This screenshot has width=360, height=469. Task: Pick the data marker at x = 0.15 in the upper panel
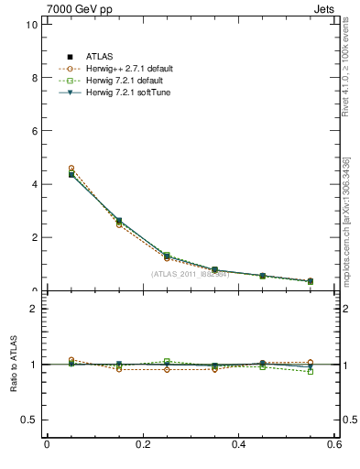[119, 221]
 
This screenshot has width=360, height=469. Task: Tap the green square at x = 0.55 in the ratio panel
[311, 372]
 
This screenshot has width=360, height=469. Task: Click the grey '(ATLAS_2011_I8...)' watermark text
[190, 274]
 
